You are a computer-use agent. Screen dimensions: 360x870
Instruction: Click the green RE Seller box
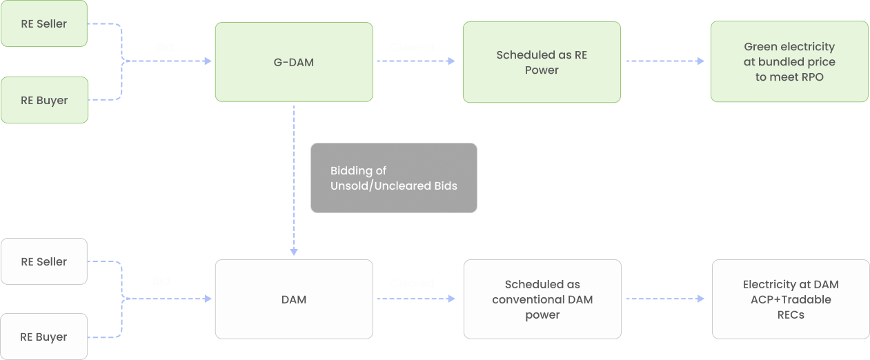pos(44,23)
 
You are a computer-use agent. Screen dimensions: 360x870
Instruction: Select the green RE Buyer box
pos(44,100)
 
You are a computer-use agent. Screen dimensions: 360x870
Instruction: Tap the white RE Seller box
pos(44,261)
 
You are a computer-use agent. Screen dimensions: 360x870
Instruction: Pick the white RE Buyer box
pos(44,337)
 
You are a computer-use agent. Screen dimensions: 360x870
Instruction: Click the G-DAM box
pos(294,62)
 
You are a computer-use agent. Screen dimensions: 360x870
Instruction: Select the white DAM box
pos(294,299)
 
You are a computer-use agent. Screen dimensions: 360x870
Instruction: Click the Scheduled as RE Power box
pos(542,62)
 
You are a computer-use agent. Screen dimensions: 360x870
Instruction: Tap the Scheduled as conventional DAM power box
pos(542,299)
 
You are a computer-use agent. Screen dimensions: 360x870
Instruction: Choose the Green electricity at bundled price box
pos(789,62)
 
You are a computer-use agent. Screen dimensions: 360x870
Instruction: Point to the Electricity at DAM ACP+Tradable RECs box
pos(791,299)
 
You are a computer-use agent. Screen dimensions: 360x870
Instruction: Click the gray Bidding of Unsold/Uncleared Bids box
pos(393,178)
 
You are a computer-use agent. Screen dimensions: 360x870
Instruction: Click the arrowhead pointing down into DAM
pos(294,252)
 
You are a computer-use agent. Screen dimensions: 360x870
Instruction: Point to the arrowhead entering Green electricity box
pos(701,61)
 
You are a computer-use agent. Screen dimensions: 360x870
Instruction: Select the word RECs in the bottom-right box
pos(791,314)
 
